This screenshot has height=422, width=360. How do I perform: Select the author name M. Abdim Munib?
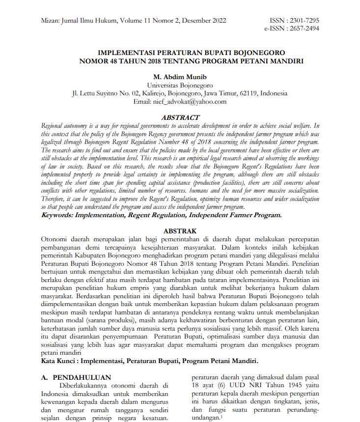tap(180, 77)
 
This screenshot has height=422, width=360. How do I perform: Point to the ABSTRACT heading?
tap(180, 117)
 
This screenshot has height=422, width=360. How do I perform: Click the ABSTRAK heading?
tap(180, 231)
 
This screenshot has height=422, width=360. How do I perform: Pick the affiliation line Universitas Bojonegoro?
tap(180, 85)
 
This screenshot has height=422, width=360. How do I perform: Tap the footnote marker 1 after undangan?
tap(222, 416)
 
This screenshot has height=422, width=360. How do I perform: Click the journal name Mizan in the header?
tap(49, 21)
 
